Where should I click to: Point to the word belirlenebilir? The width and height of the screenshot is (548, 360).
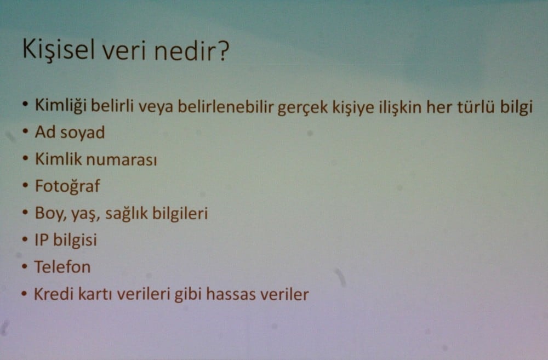pos(220,106)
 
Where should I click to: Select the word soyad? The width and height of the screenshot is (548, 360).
pos(83,133)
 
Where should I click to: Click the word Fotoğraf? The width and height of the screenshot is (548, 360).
pos(67,186)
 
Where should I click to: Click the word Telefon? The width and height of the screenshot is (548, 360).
pos(62,267)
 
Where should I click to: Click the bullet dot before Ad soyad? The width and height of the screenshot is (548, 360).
pos(25,132)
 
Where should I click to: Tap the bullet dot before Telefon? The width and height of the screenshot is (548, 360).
pos(24,266)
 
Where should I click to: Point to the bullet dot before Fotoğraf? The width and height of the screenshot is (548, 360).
pos(25,185)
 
